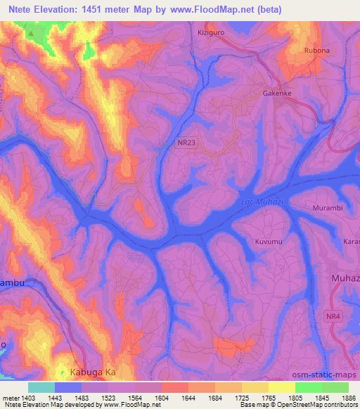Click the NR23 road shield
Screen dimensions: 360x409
pyautogui.click(x=186, y=143)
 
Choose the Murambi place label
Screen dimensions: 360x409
pyautogui.click(x=327, y=208)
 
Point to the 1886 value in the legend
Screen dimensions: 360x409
pyautogui.click(x=348, y=398)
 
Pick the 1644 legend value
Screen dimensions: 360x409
pyautogui.click(x=188, y=398)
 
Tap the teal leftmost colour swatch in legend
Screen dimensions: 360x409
pyautogui.click(x=41, y=387)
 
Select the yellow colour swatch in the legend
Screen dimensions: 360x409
pyautogui.click(x=282, y=387)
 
